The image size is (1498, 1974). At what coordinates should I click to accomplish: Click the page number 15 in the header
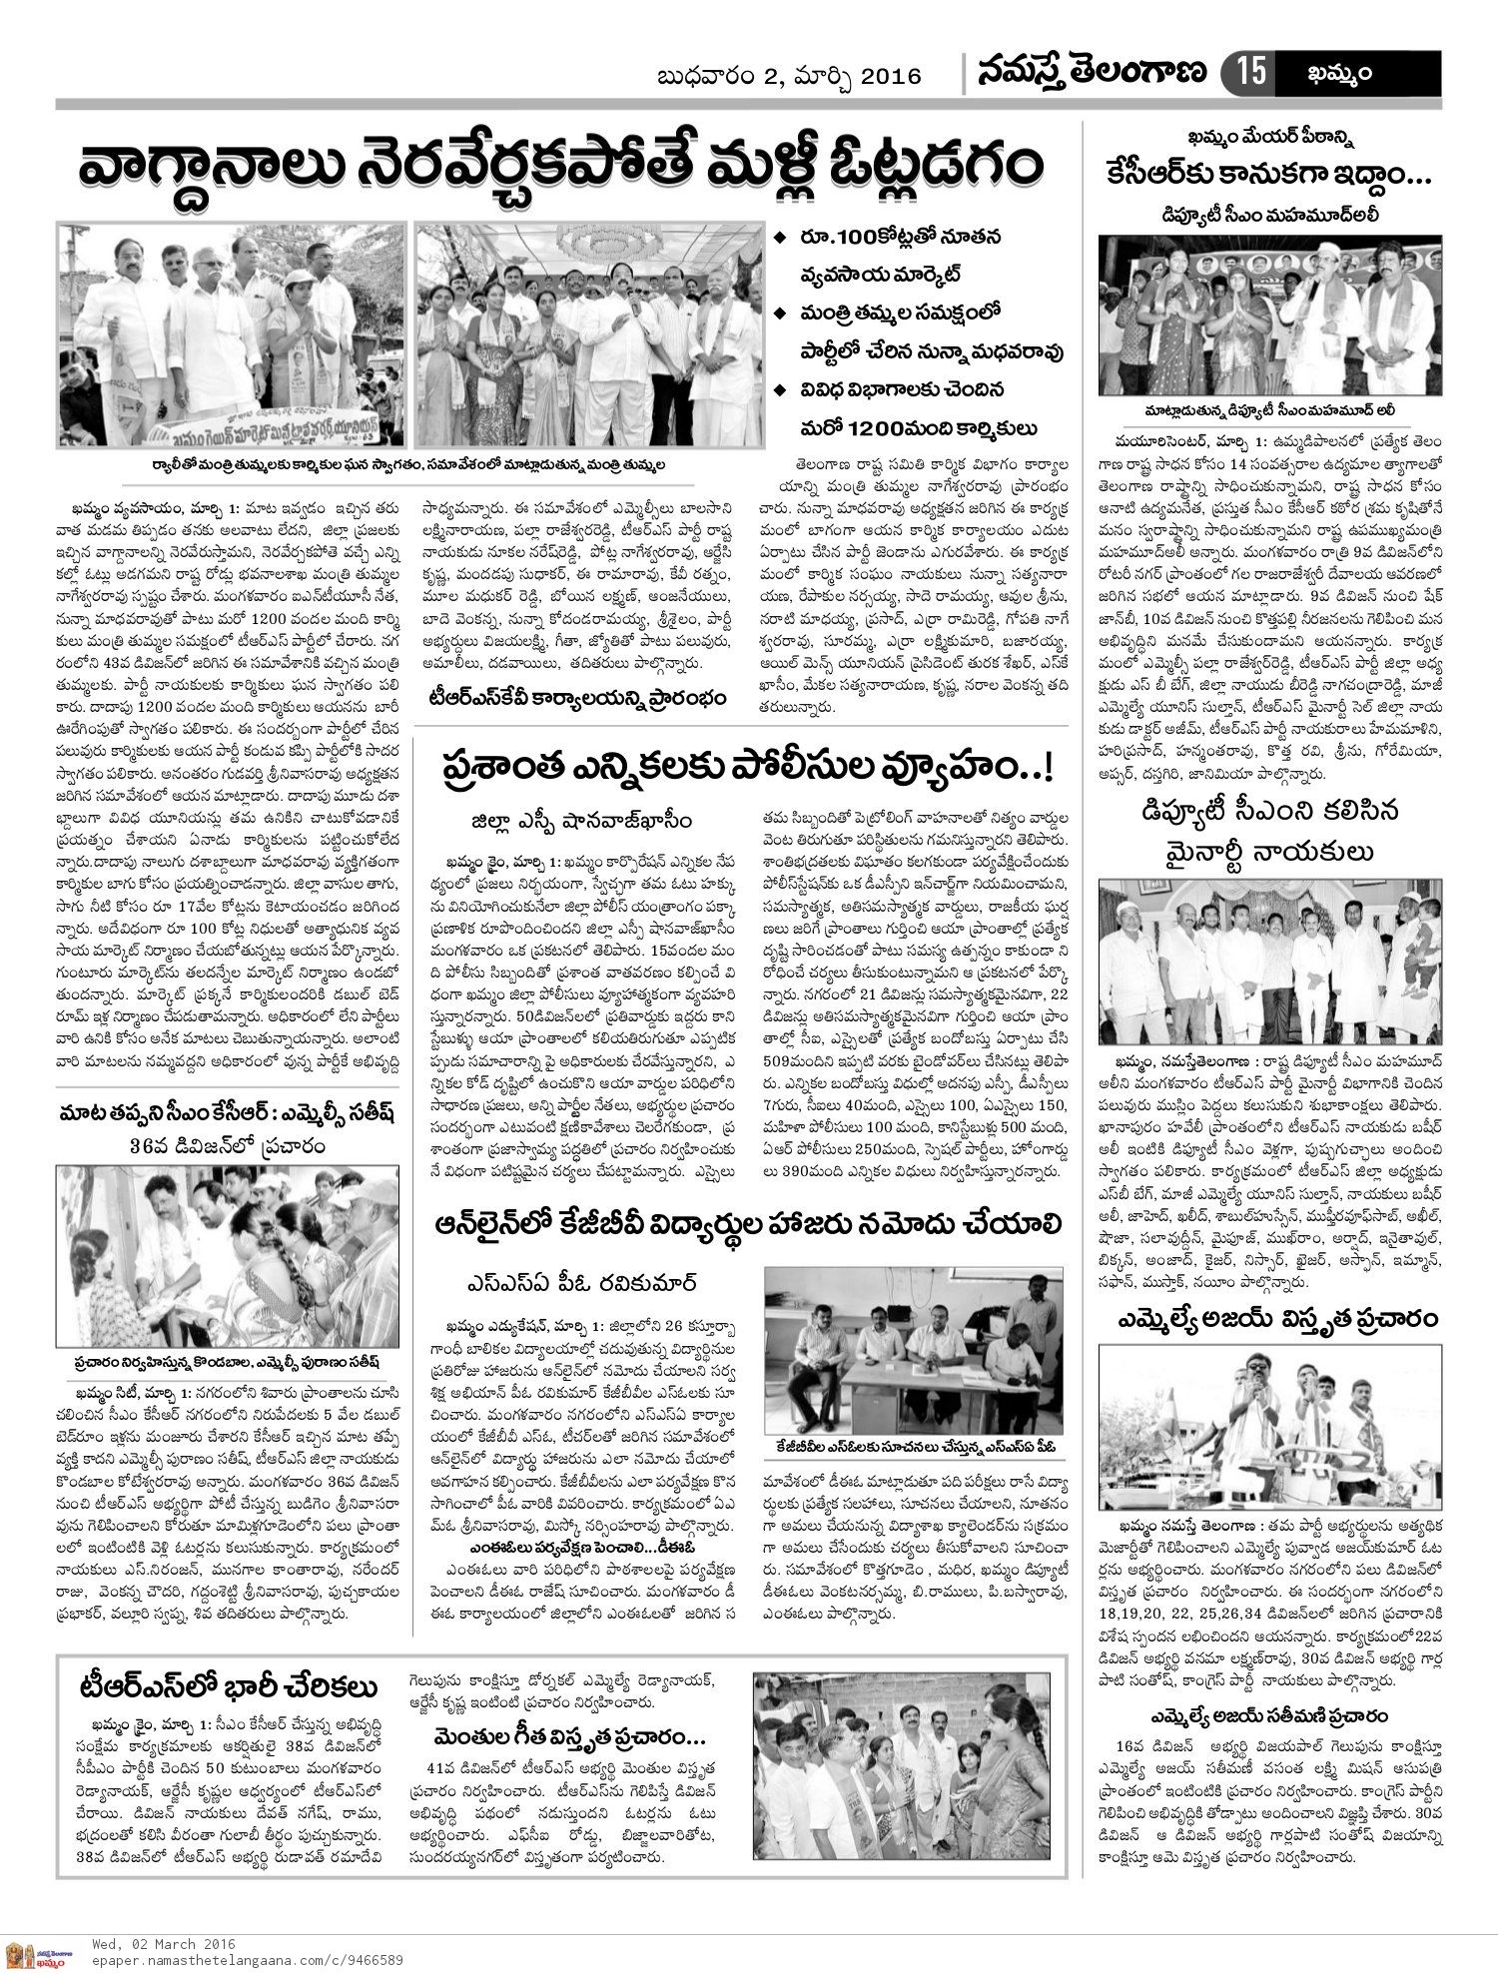[1252, 73]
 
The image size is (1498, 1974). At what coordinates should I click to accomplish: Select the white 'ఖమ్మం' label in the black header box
[1337, 73]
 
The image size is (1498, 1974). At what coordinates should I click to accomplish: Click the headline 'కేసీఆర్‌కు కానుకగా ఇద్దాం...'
[1268, 176]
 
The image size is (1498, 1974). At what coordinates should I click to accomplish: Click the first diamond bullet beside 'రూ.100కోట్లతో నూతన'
[780, 238]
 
